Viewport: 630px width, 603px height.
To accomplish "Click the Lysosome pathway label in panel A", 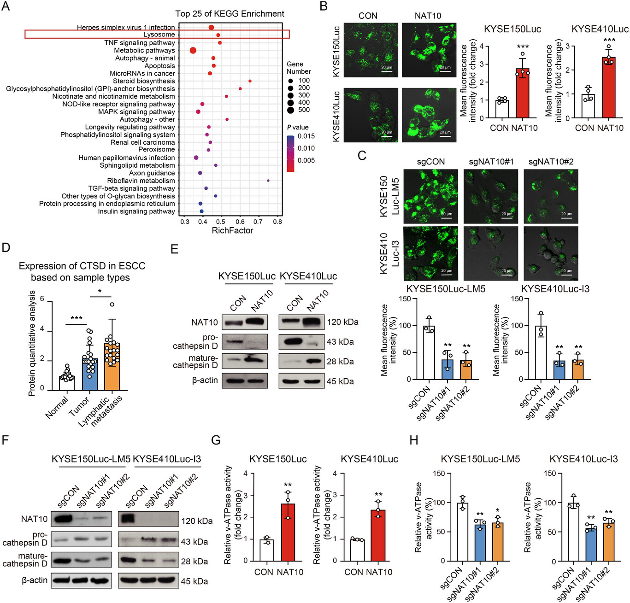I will (x=159, y=35).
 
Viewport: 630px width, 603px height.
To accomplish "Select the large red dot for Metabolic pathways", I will (x=193, y=50).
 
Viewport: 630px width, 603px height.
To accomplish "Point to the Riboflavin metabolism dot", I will (x=268, y=181).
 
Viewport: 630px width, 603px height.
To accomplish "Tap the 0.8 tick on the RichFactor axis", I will (x=277, y=222).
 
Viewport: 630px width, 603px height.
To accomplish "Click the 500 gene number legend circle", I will (x=291, y=110).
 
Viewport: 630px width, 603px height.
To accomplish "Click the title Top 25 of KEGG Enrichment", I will (x=230, y=14).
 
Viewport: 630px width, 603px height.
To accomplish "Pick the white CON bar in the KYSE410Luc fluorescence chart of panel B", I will (x=588, y=106).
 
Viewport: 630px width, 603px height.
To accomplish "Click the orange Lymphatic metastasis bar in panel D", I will (x=112, y=367).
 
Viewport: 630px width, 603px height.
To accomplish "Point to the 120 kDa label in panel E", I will (x=342, y=322).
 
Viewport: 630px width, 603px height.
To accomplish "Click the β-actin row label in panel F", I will (x=35, y=580).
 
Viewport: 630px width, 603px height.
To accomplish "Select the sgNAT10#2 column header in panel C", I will (x=551, y=162).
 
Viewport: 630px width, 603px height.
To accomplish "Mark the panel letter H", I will (x=414, y=440).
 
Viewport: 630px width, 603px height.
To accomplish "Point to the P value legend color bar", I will (x=290, y=154).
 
